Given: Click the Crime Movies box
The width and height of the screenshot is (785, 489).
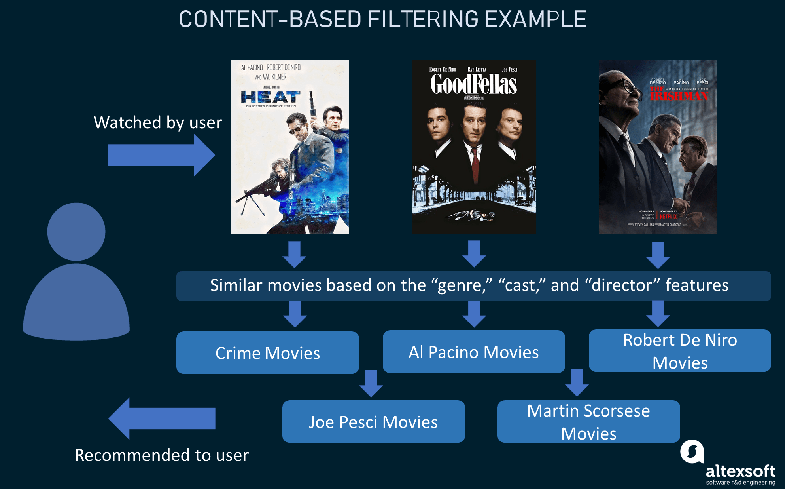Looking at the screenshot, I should [x=267, y=353].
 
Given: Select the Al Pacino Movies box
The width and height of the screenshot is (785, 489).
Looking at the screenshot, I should [x=473, y=352].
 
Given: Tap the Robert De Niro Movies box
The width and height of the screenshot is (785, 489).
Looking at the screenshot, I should [x=679, y=351].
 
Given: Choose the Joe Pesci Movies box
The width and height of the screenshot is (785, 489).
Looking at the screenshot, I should [x=373, y=422].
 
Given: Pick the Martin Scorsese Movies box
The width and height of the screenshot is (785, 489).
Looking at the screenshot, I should [x=588, y=422].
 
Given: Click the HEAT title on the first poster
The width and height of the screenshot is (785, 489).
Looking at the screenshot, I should [x=270, y=97].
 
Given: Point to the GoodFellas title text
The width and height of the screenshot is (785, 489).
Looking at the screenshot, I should [x=473, y=84].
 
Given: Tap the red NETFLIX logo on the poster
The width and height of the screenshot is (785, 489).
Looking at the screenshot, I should [x=668, y=217].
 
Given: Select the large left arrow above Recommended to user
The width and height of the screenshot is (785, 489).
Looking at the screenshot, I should [x=162, y=419].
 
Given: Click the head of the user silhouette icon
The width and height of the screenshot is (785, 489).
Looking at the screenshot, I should [x=76, y=232].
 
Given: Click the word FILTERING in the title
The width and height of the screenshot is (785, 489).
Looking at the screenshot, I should [x=423, y=19].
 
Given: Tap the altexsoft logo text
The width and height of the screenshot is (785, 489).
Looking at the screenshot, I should [x=740, y=471].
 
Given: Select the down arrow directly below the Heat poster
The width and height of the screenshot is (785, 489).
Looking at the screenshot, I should [x=294, y=255].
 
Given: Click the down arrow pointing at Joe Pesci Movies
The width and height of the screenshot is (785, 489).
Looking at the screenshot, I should [x=371, y=383].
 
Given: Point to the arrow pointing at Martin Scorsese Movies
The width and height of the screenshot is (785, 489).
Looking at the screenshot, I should [x=577, y=382].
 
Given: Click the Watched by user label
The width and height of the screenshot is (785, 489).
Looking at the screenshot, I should [x=157, y=122].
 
